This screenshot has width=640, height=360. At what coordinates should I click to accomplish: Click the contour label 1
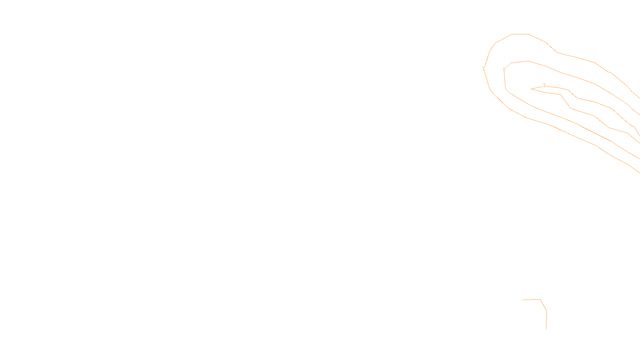click(x=484, y=69)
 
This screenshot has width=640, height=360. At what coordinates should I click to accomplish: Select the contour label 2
click(x=504, y=69)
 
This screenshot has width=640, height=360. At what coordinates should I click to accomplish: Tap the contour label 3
click(x=544, y=86)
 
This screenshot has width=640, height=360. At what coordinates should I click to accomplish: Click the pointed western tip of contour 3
click(x=531, y=89)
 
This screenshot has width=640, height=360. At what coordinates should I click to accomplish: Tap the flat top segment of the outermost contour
click(x=520, y=34)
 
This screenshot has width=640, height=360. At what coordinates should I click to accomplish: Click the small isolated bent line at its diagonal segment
click(x=544, y=305)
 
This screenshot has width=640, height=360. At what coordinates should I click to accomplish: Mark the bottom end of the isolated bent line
click(x=546, y=329)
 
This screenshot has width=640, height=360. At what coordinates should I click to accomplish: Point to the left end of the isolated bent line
click(x=523, y=299)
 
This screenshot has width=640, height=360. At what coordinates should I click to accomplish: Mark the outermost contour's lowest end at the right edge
click(x=639, y=172)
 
